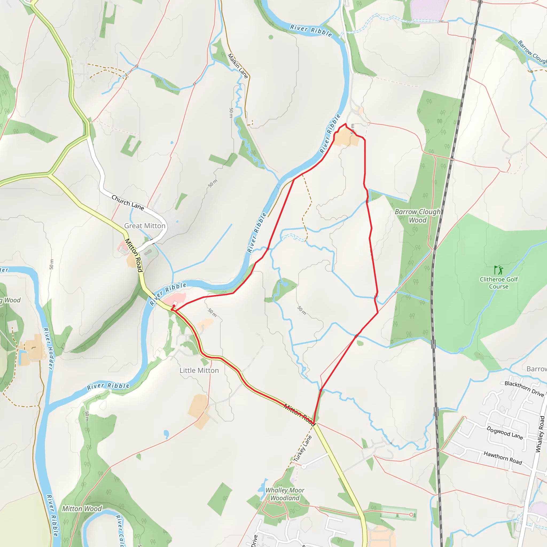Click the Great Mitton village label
click(x=145, y=226)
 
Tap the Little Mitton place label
click(x=199, y=370)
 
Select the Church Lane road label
click(x=127, y=202)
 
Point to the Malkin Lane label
click(x=238, y=66)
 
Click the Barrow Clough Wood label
click(x=418, y=216)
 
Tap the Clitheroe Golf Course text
click(x=499, y=283)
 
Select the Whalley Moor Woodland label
click(x=285, y=494)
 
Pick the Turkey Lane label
click(x=303, y=449)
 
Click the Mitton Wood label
click(x=82, y=509)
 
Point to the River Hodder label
click(x=48, y=349)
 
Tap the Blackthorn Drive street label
click(x=524, y=389)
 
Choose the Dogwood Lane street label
click(x=505, y=433)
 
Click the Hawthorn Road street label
click(x=503, y=458)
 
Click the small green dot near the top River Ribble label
click(x=271, y=37)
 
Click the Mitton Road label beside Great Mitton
click(x=133, y=255)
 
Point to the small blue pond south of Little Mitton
click(x=166, y=433)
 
